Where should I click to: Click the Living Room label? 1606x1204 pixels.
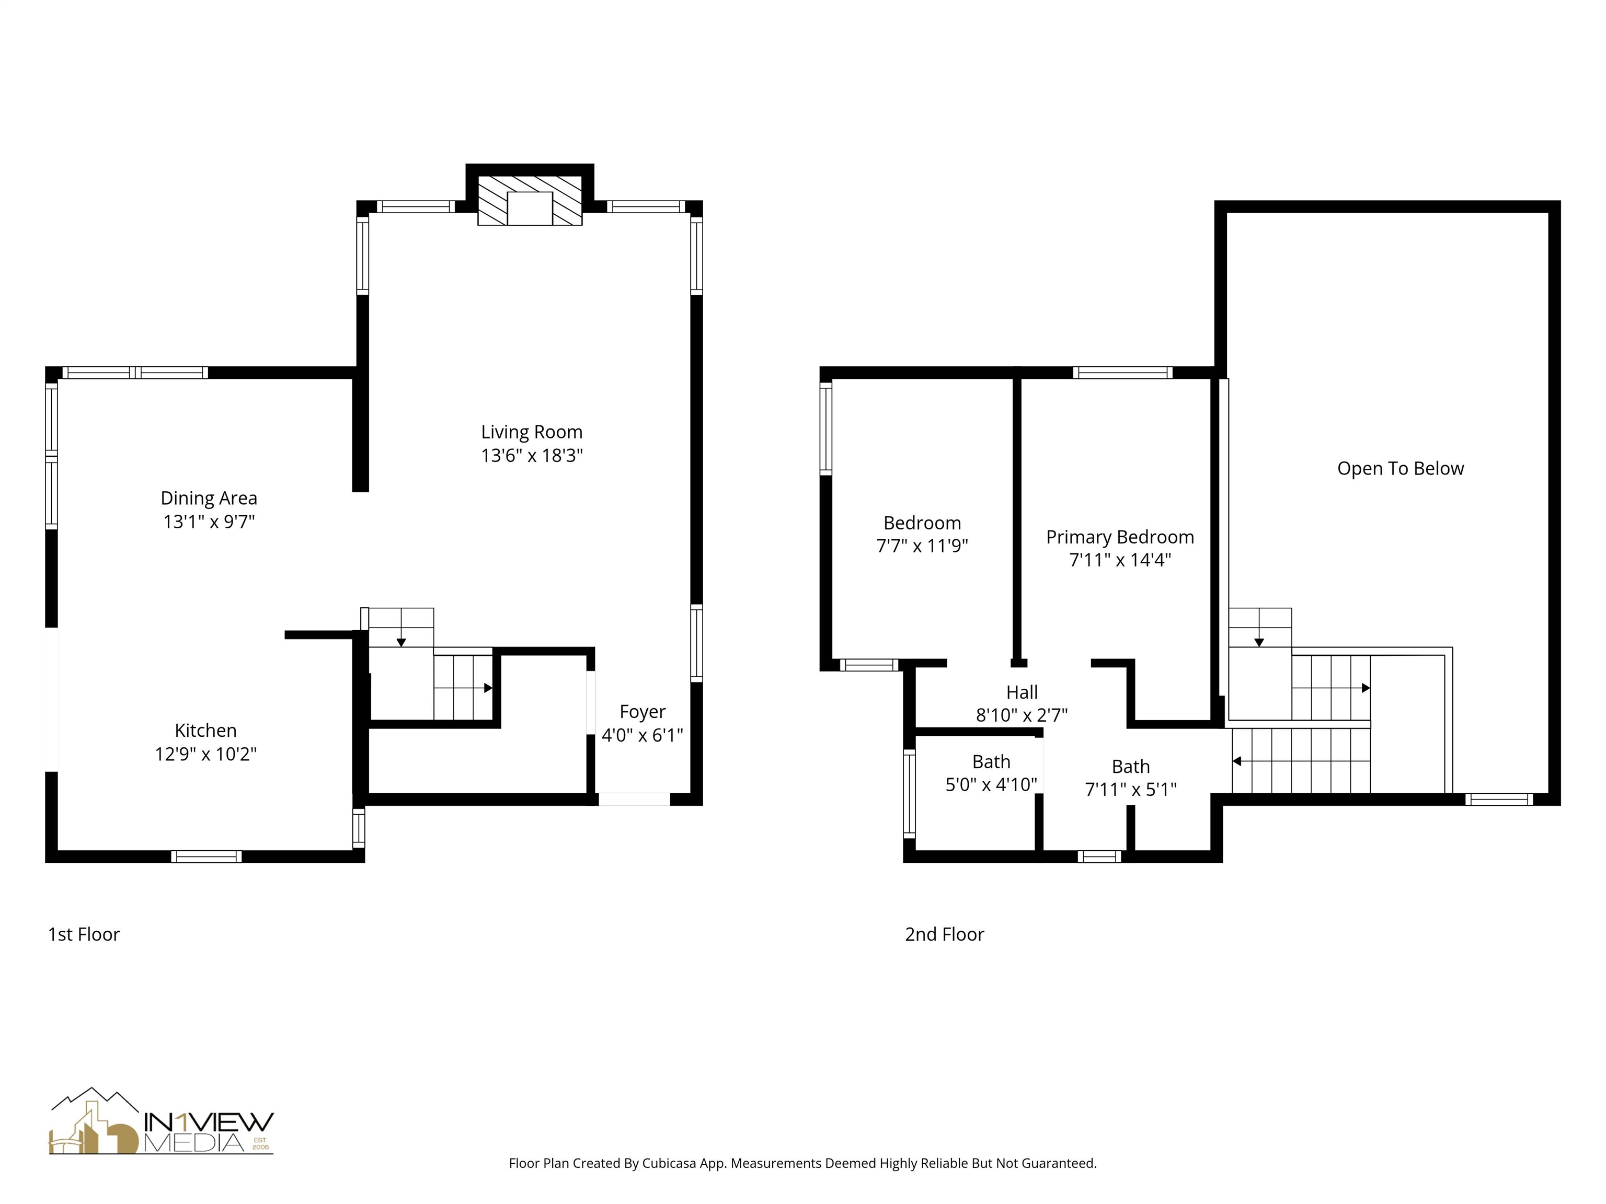coord(532,432)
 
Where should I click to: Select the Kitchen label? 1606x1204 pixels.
coord(205,730)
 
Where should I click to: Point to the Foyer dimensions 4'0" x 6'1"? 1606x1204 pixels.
coord(642,735)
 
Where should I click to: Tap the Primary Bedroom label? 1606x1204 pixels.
coord(1120,537)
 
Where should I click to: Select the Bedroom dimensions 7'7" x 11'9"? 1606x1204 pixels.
coord(922,546)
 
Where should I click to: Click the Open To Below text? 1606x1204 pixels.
coord(1400,469)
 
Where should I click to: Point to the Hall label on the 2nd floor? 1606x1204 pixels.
coord(1022,692)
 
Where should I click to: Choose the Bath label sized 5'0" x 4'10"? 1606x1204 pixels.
coord(991,762)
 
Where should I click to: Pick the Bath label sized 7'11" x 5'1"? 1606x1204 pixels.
coord(1130,767)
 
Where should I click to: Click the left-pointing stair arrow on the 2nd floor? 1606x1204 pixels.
coord(1237,761)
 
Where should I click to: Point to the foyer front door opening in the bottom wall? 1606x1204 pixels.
coord(633,800)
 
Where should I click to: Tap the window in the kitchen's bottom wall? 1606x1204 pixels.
coord(206,857)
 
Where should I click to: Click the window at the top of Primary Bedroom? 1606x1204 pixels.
coord(1122,373)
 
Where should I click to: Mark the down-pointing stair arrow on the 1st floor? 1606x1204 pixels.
coord(401,642)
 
